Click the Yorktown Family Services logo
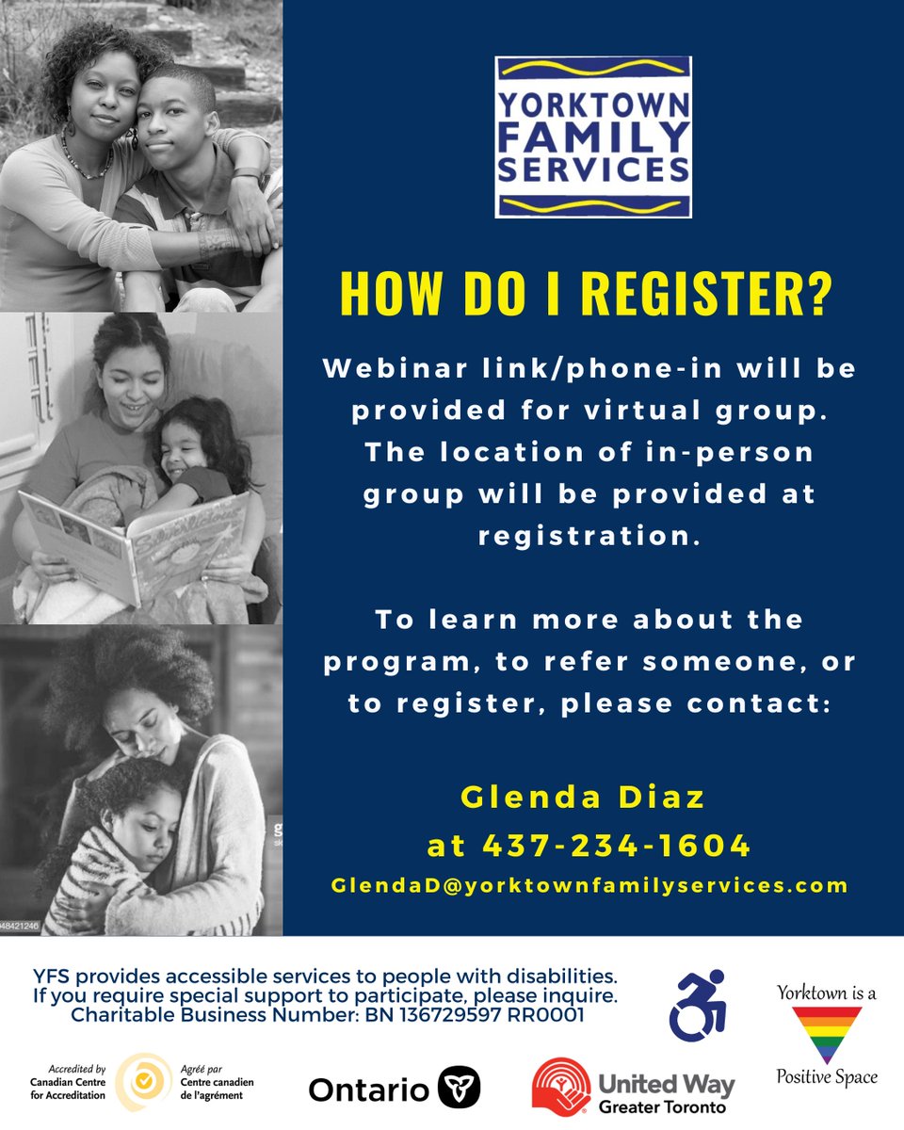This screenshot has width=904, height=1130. (593, 137)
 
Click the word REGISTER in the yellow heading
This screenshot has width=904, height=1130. (706, 295)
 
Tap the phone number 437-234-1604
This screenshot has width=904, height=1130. (617, 845)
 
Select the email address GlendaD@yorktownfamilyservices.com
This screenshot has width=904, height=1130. (589, 885)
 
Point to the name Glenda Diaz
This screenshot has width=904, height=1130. (583, 798)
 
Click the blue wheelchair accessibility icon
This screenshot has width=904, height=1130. (698, 1003)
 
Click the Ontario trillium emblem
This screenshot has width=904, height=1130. (460, 1089)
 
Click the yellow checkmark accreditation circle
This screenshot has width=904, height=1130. (143, 1082)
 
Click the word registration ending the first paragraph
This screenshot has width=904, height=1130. (589, 535)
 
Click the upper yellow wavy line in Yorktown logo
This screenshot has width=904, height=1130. (592, 71)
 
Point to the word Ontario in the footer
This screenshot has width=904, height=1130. (369, 1090)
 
